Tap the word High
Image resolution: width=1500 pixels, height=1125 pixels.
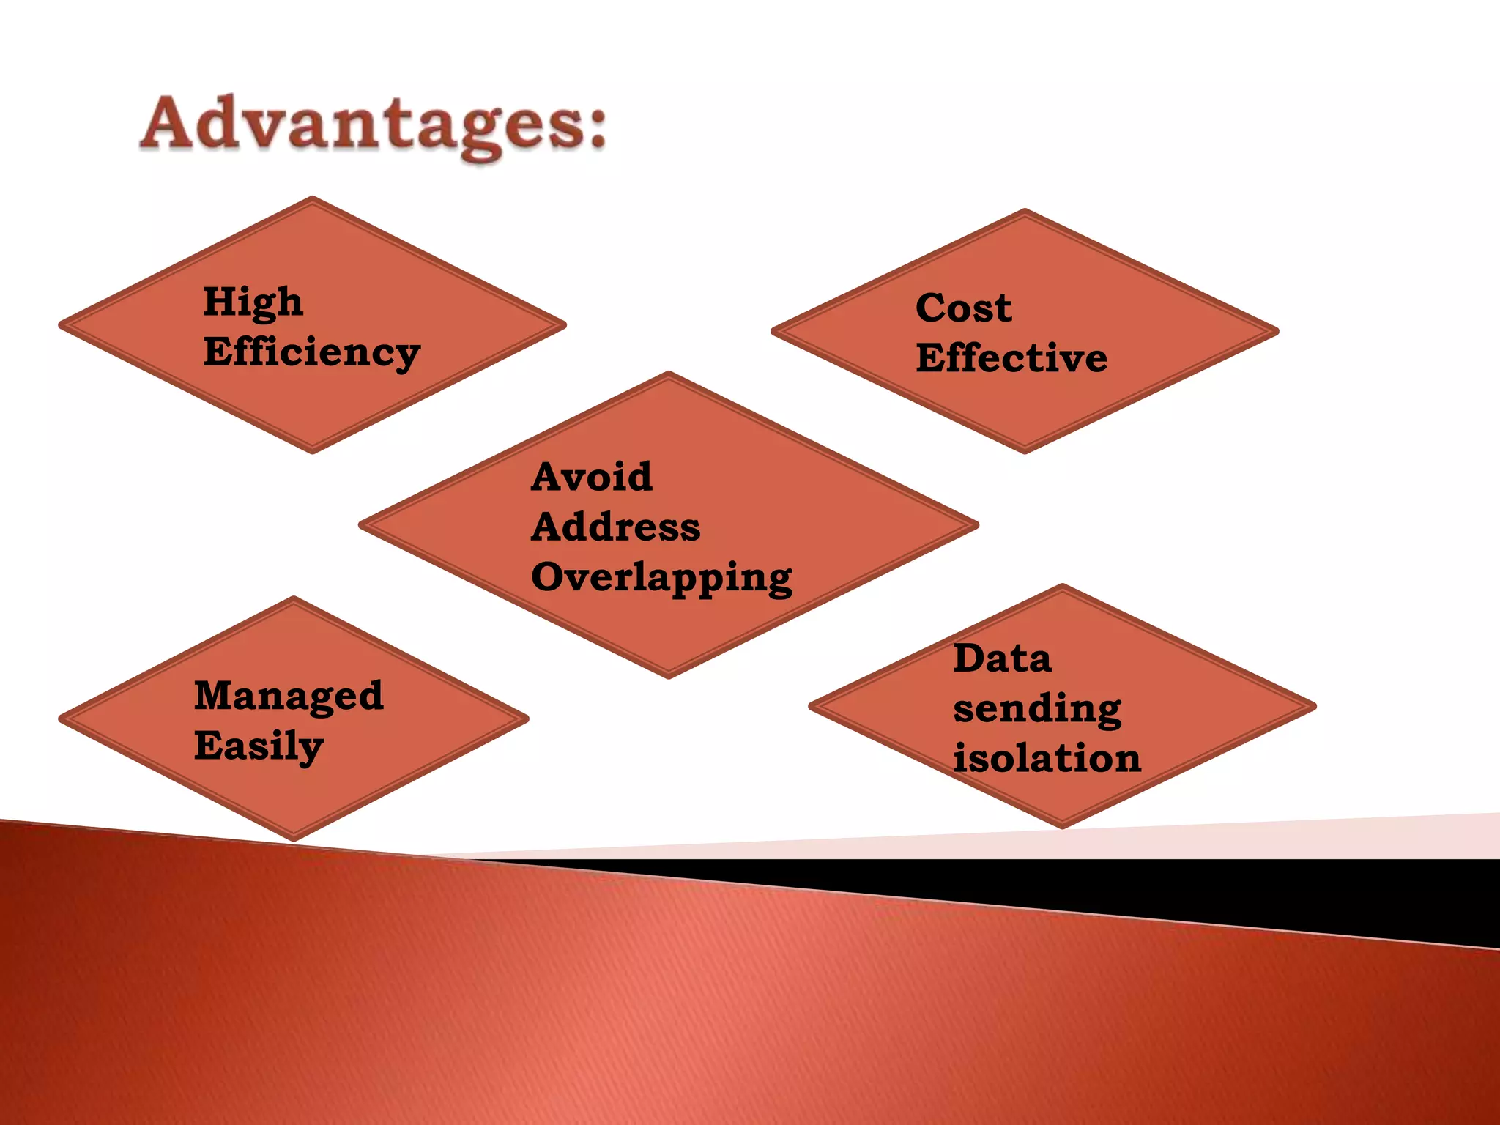click(253, 302)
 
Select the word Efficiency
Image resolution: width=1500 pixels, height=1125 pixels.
click(312, 352)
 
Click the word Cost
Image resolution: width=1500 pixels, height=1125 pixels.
click(963, 308)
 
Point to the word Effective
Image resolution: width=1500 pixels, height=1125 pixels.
click(1011, 358)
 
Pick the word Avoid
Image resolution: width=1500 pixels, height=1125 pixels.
click(591, 477)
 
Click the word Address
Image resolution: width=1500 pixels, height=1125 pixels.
click(615, 527)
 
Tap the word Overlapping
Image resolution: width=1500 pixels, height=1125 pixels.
click(661, 578)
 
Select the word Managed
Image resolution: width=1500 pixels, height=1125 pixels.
click(289, 695)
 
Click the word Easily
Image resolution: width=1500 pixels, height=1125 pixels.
click(258, 746)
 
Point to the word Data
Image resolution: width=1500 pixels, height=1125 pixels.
click(1002, 658)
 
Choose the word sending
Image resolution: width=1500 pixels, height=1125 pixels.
click(1037, 708)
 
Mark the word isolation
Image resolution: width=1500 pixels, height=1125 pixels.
click(1047, 758)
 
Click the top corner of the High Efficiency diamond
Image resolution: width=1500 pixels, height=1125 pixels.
click(313, 198)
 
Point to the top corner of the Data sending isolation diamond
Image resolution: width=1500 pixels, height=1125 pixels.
click(1062, 587)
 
